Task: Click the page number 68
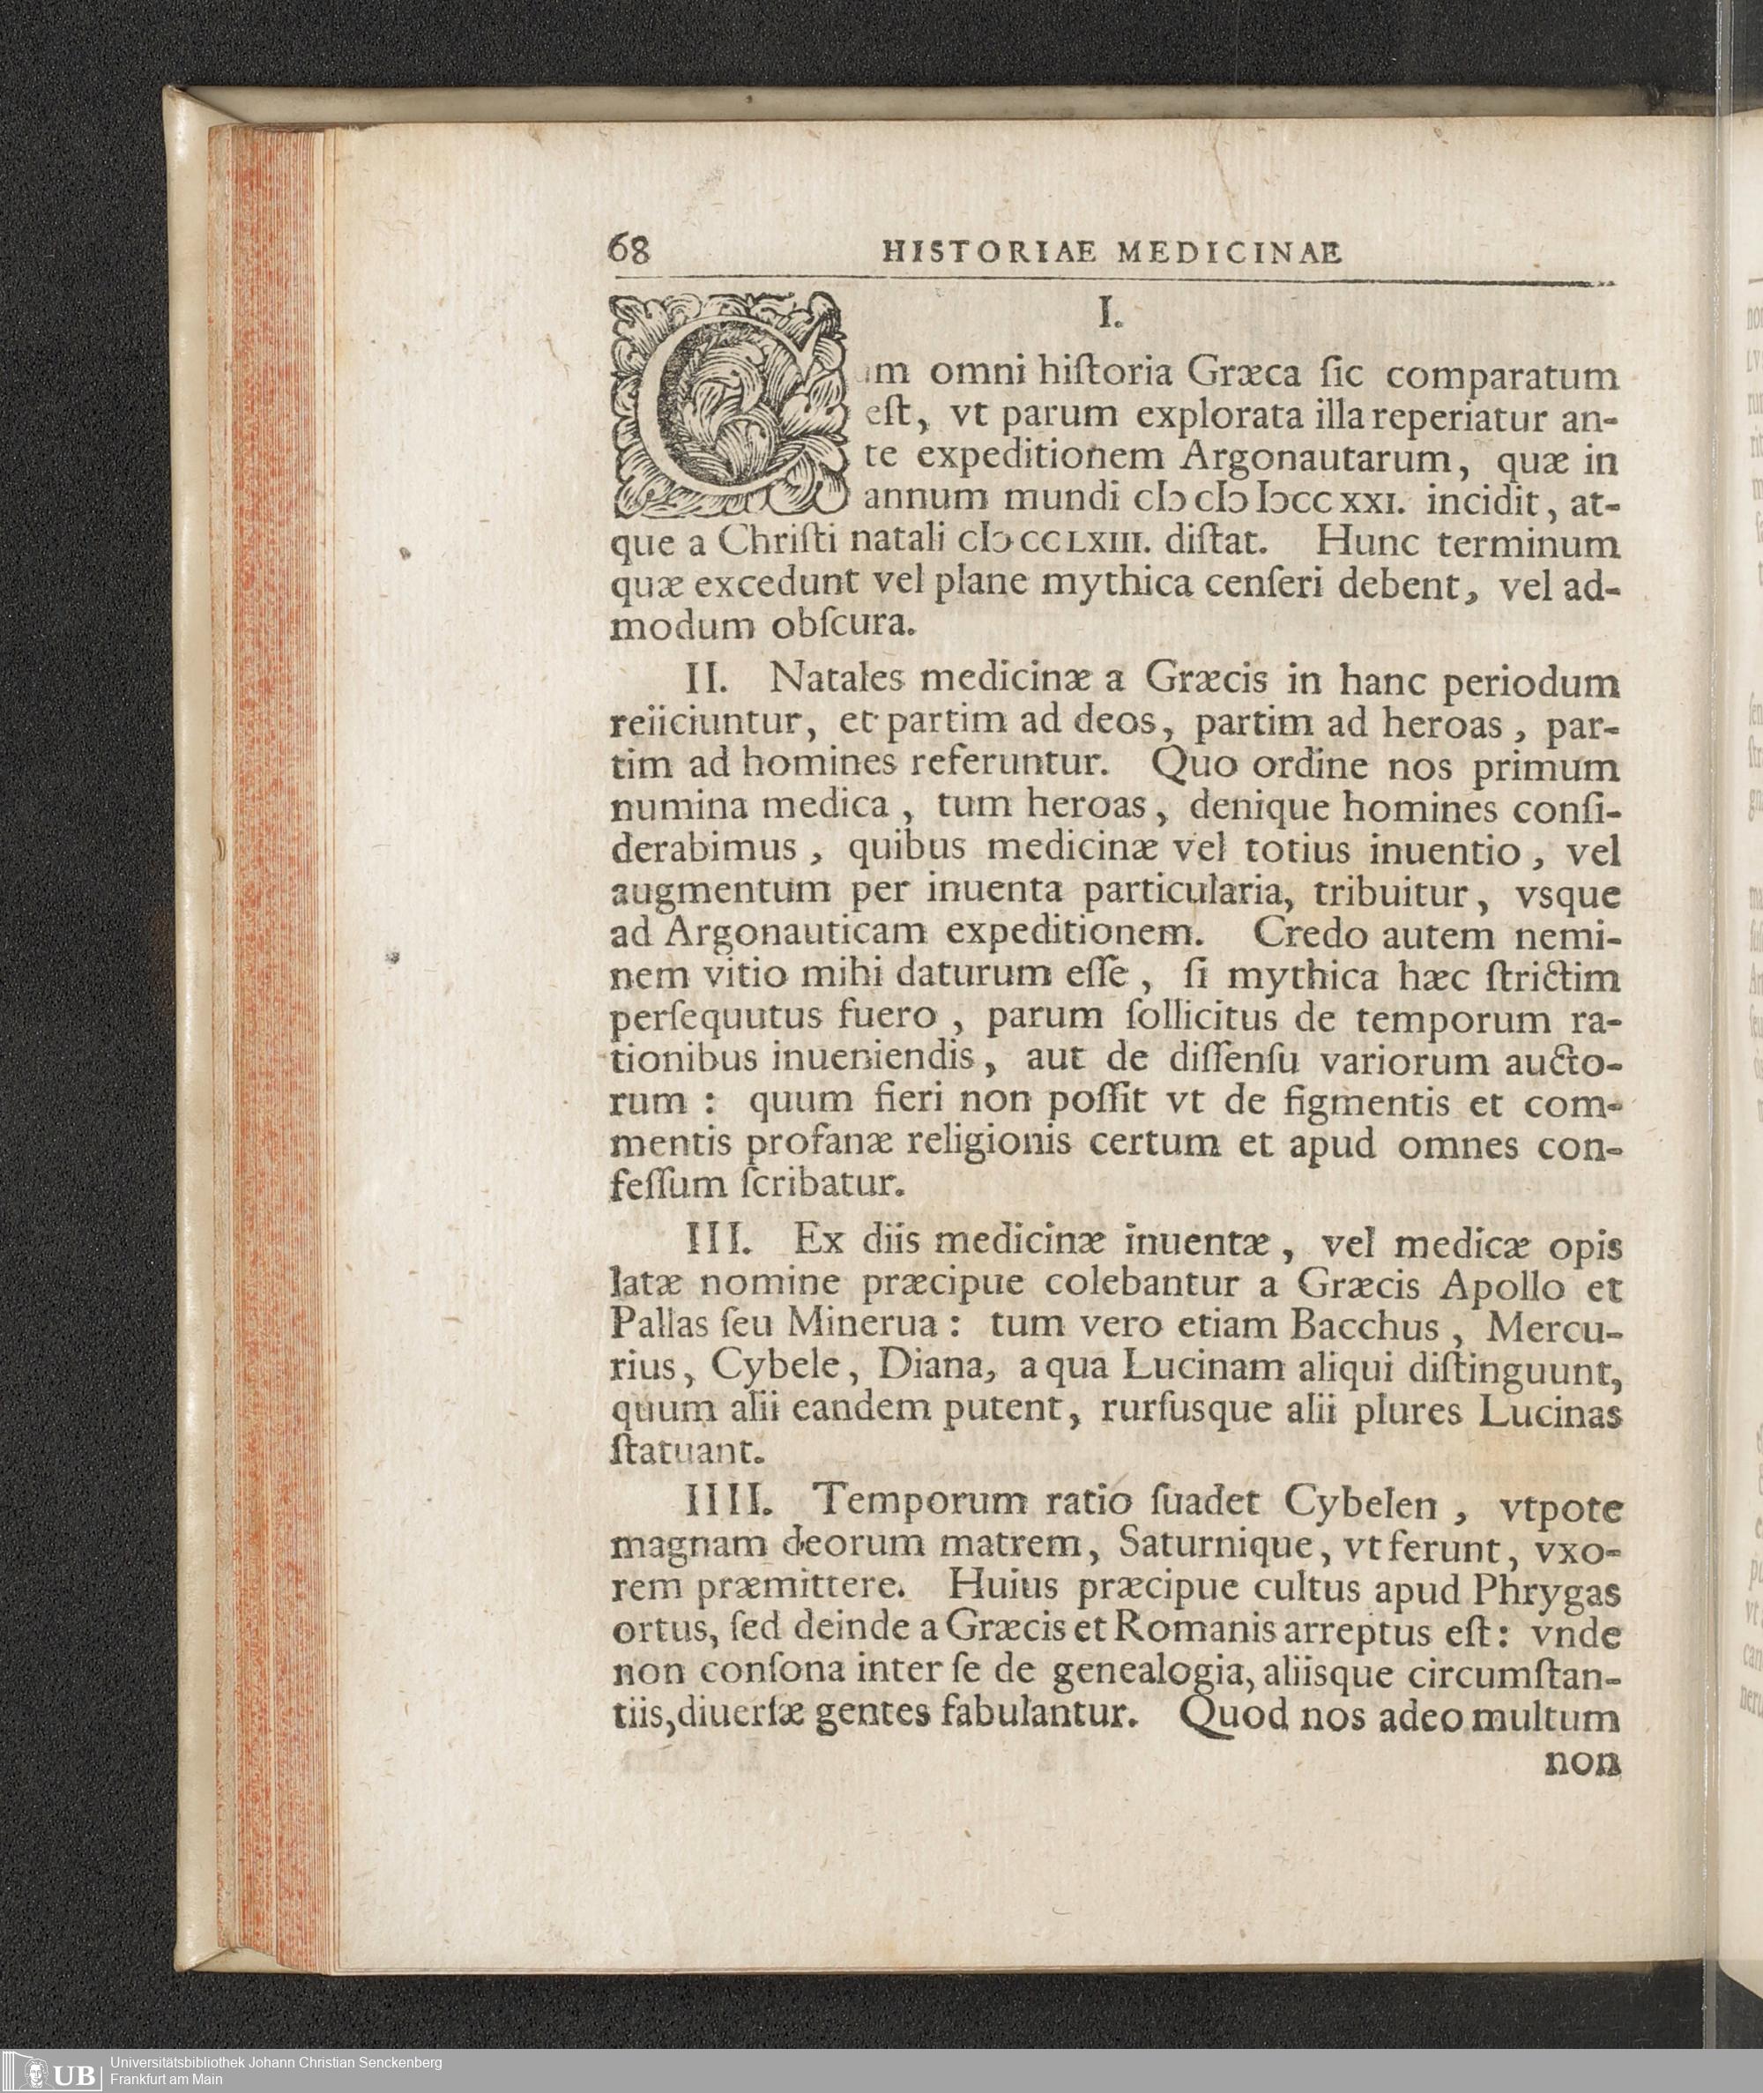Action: (x=629, y=249)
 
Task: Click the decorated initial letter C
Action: (x=726, y=406)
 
